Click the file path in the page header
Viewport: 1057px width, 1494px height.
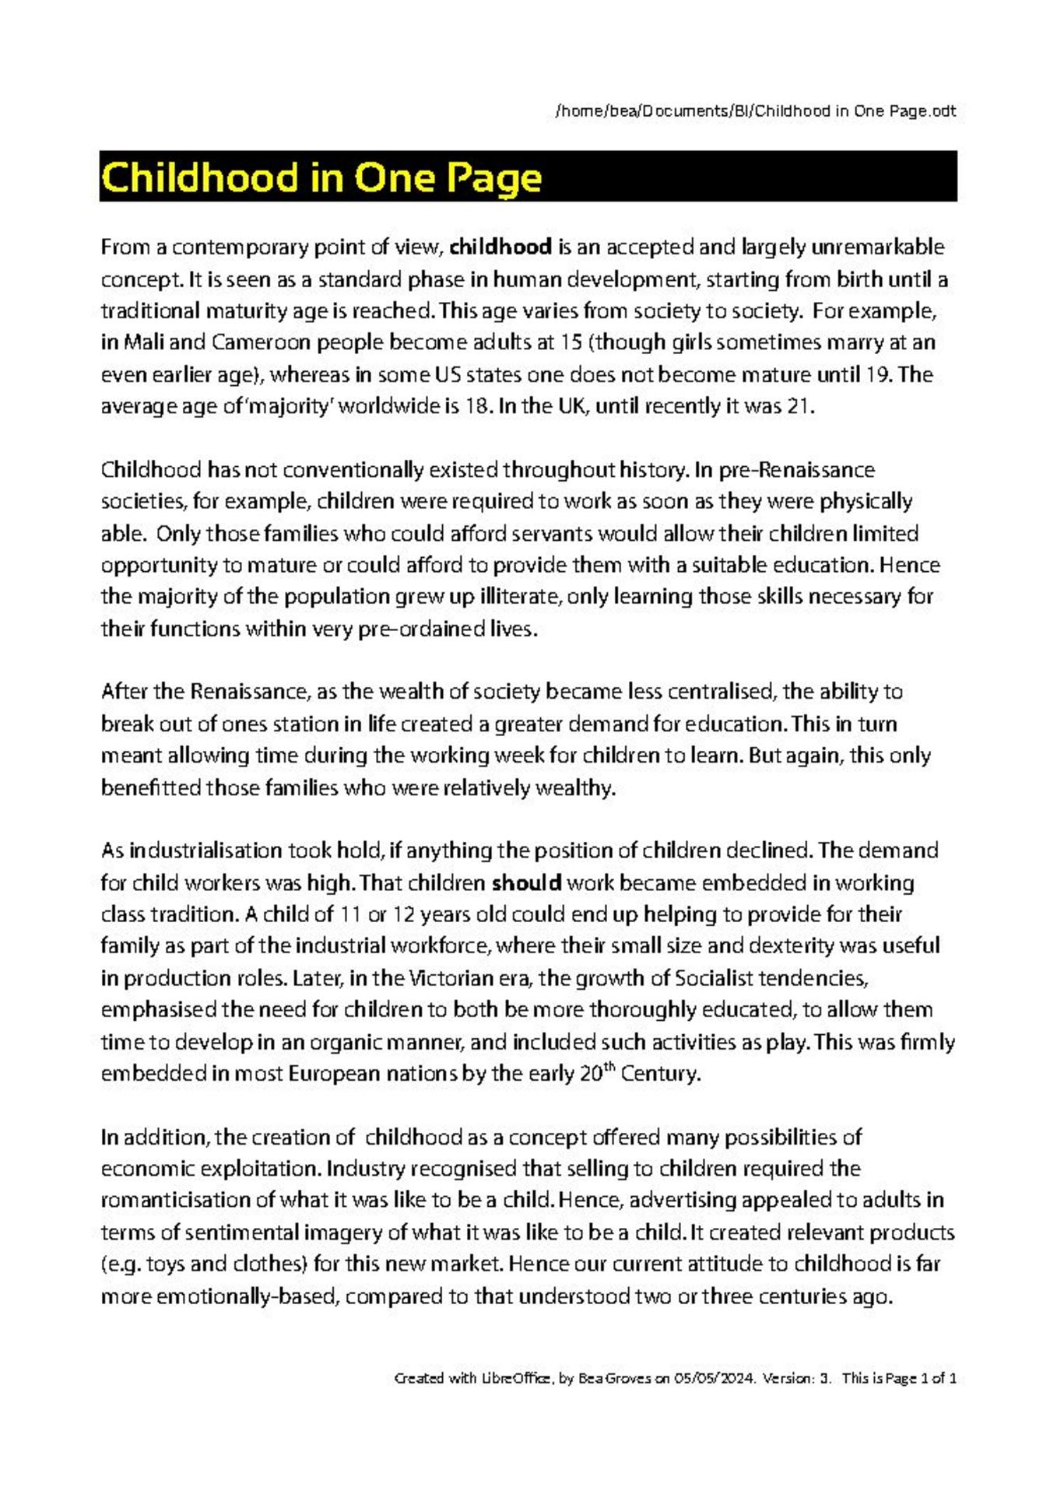[x=755, y=111]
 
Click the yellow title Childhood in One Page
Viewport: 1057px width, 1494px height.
[x=321, y=177]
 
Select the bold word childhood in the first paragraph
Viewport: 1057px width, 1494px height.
[x=500, y=247]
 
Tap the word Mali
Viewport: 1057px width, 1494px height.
[x=143, y=343]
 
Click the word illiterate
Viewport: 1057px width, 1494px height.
[x=516, y=597]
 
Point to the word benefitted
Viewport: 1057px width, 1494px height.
[x=151, y=788]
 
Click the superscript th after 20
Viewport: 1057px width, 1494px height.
[x=609, y=1068]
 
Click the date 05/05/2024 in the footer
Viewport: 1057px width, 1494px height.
[x=715, y=1378]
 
